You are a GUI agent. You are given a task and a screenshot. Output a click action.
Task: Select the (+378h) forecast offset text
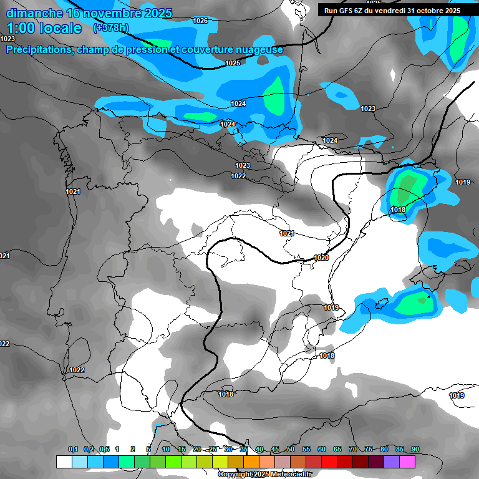coord(112,28)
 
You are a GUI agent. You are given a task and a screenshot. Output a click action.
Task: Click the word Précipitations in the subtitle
coord(38,49)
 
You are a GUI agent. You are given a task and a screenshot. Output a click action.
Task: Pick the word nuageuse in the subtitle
coord(256,49)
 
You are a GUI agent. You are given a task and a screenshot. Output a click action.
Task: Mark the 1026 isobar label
coord(200,21)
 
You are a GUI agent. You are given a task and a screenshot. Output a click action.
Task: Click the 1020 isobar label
coord(321,258)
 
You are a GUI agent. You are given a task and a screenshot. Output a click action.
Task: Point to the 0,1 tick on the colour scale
coord(73,449)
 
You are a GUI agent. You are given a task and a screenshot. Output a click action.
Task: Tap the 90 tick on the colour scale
coord(415,449)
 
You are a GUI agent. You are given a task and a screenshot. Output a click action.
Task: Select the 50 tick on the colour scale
coord(291,449)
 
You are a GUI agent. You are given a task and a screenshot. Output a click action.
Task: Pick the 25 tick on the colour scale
coord(213,449)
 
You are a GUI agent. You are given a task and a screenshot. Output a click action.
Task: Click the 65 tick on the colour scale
coord(337,449)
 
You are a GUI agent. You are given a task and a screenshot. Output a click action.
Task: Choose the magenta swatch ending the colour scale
coord(407,462)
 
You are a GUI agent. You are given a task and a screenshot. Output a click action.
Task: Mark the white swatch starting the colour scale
coord(64,462)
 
